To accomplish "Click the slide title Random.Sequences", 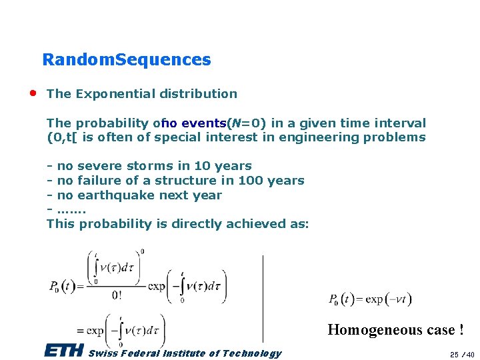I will point(126,60).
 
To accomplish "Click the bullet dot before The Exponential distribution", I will point(33,92).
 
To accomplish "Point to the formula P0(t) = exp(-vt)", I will point(370,299).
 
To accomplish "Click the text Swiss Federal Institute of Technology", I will point(185,353).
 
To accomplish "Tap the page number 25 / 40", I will point(461,354).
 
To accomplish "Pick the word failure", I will point(99,181).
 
